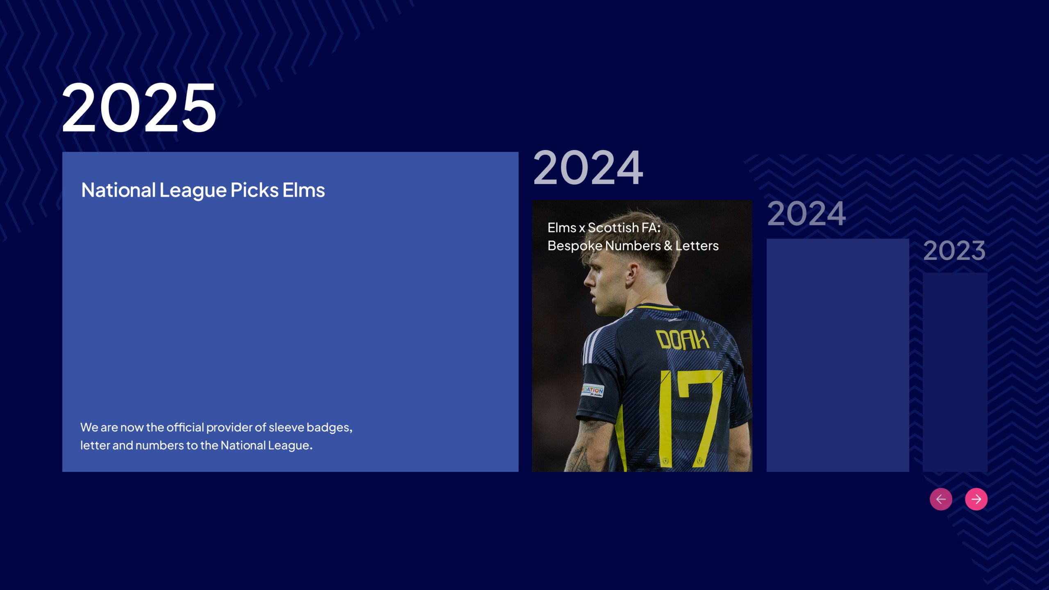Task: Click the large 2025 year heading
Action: (139, 107)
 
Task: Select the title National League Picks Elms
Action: (203, 191)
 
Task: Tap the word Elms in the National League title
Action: (304, 190)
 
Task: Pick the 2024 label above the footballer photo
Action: (588, 168)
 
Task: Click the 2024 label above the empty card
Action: (806, 213)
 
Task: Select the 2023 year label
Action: (954, 250)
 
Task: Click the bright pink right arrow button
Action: (976, 499)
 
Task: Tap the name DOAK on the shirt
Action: (682, 340)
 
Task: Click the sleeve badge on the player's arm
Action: (593, 390)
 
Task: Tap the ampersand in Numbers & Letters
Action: (668, 246)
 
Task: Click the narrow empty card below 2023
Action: (955, 372)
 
